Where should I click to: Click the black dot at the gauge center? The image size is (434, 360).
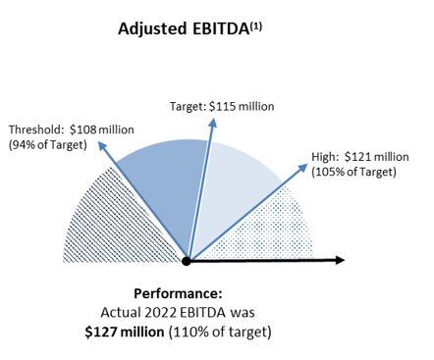tap(187, 260)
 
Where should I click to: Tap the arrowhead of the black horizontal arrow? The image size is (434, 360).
tap(340, 260)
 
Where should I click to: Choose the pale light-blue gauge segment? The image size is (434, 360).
tap(231, 186)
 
